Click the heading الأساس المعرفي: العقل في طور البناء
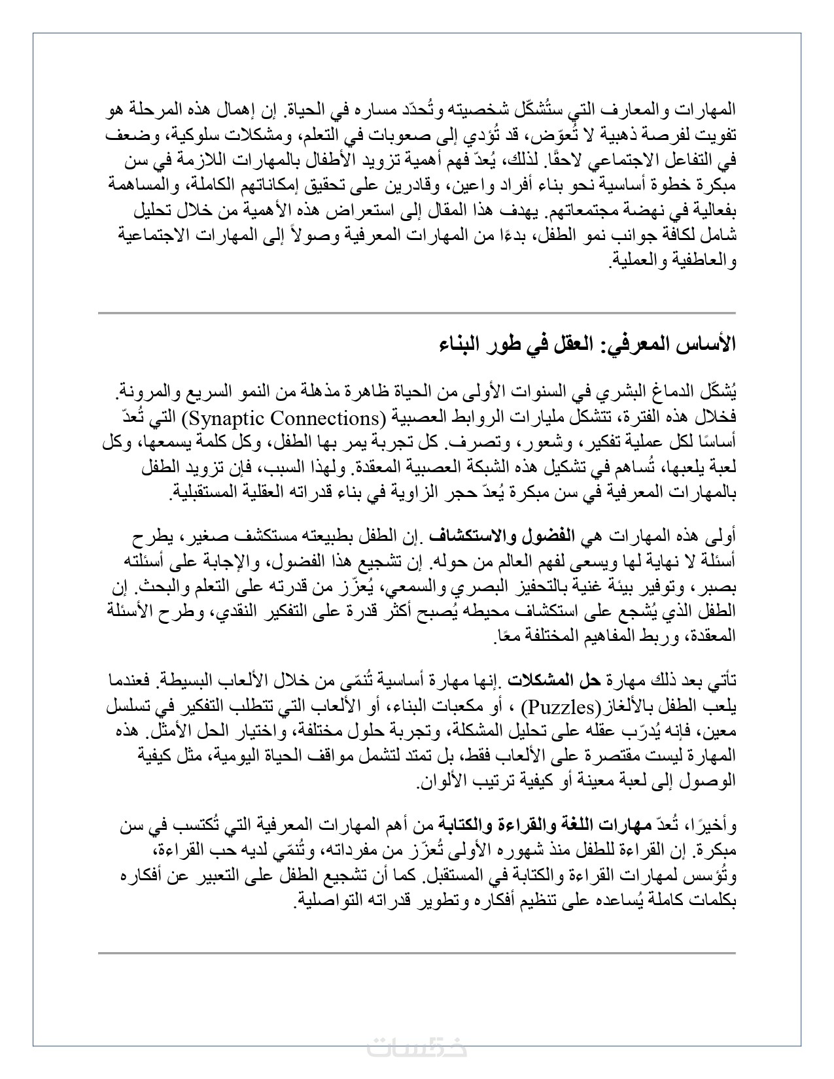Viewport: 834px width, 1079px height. click(587, 345)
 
